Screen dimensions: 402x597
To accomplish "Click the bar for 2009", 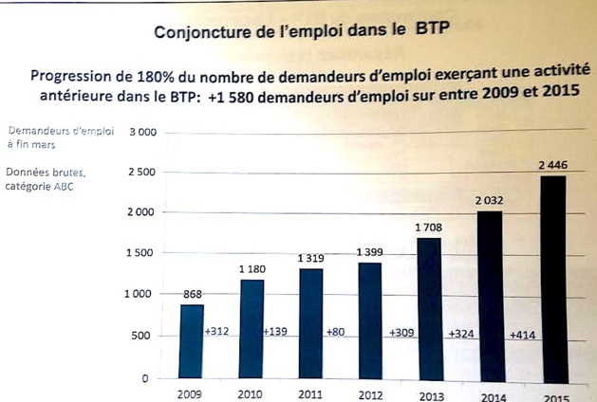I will tap(192, 340).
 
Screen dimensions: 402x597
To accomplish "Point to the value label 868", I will tap(194, 294).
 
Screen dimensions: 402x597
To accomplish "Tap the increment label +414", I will tap(524, 335).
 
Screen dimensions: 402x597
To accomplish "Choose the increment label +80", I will tap(337, 333).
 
